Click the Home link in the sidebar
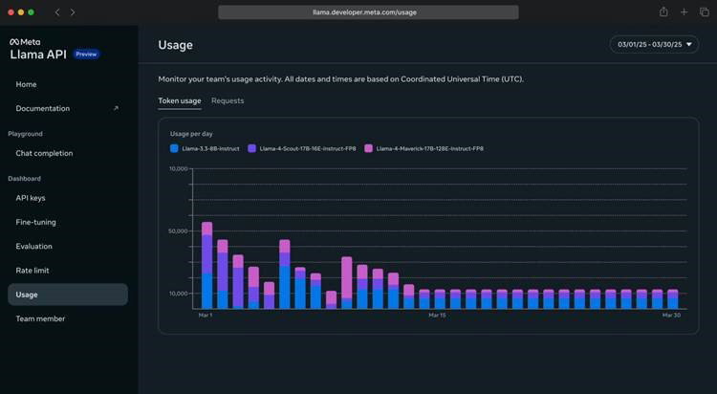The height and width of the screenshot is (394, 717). click(26, 84)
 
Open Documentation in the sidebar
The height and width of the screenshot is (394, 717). click(42, 108)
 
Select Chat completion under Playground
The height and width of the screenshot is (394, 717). click(44, 153)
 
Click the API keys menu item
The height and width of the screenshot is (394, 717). click(31, 198)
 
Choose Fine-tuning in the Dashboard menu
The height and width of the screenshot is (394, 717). click(35, 222)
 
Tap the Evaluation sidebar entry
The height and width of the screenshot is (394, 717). click(33, 246)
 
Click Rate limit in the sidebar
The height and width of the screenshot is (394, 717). click(32, 271)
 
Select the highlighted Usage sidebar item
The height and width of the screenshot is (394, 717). click(68, 295)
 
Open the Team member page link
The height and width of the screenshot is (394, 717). click(40, 318)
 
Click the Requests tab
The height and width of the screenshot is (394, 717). click(228, 100)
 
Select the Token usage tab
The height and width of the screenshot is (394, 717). click(180, 100)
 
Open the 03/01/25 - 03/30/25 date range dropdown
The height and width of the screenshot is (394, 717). click(654, 44)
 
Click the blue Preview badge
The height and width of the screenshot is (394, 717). click(86, 54)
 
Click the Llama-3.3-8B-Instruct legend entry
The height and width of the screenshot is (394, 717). click(205, 148)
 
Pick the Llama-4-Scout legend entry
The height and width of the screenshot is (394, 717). click(302, 148)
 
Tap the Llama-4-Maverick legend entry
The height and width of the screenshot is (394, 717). click(424, 148)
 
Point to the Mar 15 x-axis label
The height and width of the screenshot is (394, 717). click(437, 316)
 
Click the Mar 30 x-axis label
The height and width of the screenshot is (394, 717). click(671, 316)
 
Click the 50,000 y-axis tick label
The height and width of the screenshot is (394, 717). click(178, 231)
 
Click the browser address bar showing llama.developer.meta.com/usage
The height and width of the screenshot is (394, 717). click(368, 12)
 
